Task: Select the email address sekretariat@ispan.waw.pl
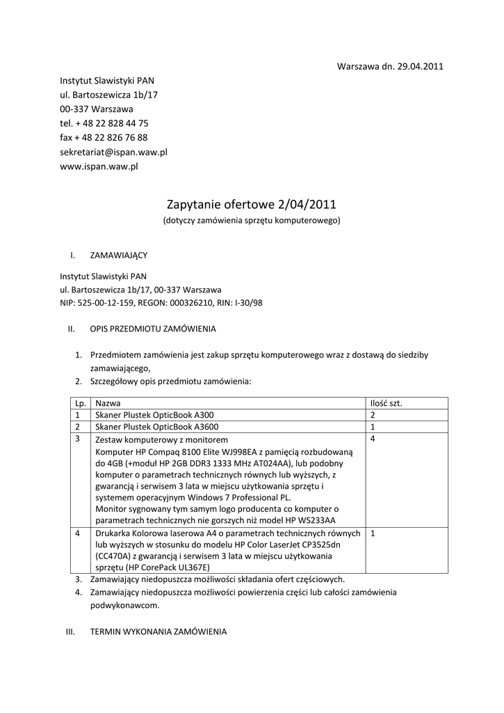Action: coord(113,152)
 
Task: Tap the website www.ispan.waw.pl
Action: coord(99,166)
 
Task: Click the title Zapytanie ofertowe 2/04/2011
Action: coord(251,205)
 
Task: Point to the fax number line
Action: coord(104,137)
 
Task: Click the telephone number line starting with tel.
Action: coord(104,123)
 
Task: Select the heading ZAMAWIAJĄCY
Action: coord(118,256)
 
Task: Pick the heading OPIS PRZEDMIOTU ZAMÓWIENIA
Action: coord(153,328)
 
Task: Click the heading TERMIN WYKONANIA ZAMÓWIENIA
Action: coord(158,632)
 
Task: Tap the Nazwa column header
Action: coord(108,403)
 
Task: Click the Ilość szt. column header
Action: coord(386,403)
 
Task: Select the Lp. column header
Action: coord(80,403)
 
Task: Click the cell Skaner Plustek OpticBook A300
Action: coord(154,415)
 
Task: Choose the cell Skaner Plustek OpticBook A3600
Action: coord(156,427)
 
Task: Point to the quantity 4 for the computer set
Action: coord(373,440)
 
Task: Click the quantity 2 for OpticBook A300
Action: coord(373,415)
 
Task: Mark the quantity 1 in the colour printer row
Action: coord(373,533)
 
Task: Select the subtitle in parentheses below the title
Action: coord(251,221)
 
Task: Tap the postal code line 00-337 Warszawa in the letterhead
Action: coord(97,109)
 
